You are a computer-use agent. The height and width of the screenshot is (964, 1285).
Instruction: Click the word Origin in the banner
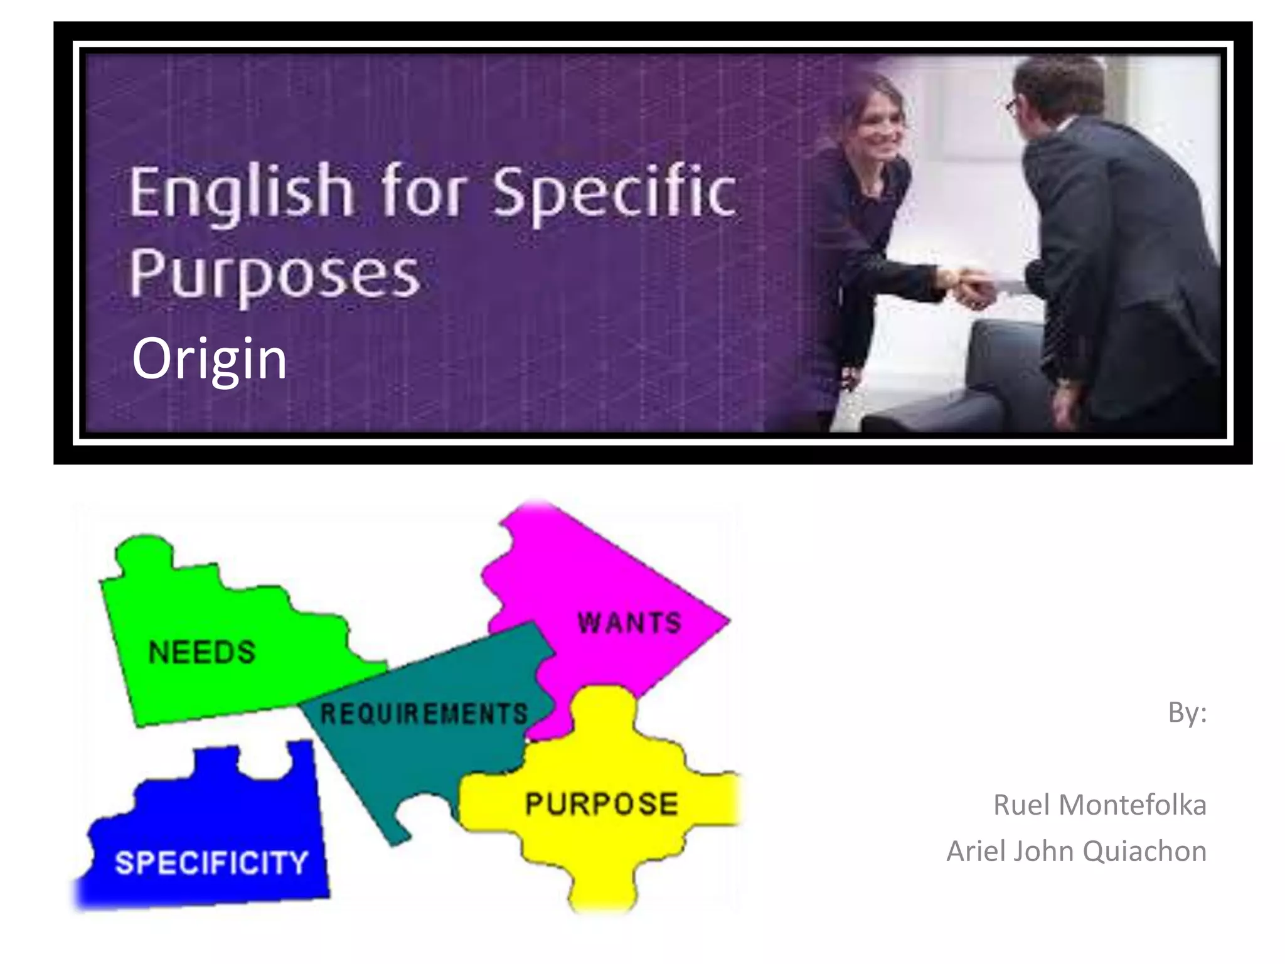point(210,359)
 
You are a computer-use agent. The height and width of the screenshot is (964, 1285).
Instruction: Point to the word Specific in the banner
point(614,191)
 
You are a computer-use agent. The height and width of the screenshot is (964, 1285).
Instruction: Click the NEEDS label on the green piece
point(202,653)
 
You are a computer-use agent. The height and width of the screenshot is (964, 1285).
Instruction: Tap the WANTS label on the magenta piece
point(629,623)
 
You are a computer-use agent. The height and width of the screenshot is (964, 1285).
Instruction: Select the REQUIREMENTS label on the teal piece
point(424,714)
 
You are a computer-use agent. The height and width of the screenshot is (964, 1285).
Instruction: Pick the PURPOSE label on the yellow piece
point(602,805)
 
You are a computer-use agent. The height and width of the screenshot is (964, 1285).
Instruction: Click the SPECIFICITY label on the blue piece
point(211,862)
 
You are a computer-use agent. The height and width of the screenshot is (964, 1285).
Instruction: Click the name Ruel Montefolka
point(1099,805)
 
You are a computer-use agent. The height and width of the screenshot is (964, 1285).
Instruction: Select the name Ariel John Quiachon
point(1076,852)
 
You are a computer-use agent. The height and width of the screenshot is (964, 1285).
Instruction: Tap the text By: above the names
point(1187,713)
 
